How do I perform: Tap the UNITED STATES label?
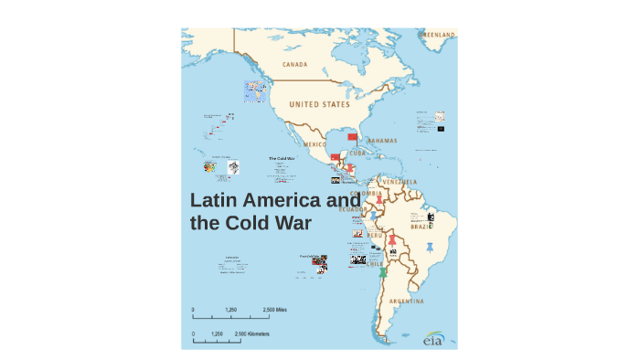(319, 104)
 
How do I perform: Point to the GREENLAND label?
(436, 34)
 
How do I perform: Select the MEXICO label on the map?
(314, 144)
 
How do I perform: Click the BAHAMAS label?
(380, 142)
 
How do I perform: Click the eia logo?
(433, 340)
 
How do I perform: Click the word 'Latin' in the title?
(217, 201)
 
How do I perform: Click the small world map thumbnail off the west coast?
(255, 90)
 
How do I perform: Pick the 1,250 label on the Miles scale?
(230, 311)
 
